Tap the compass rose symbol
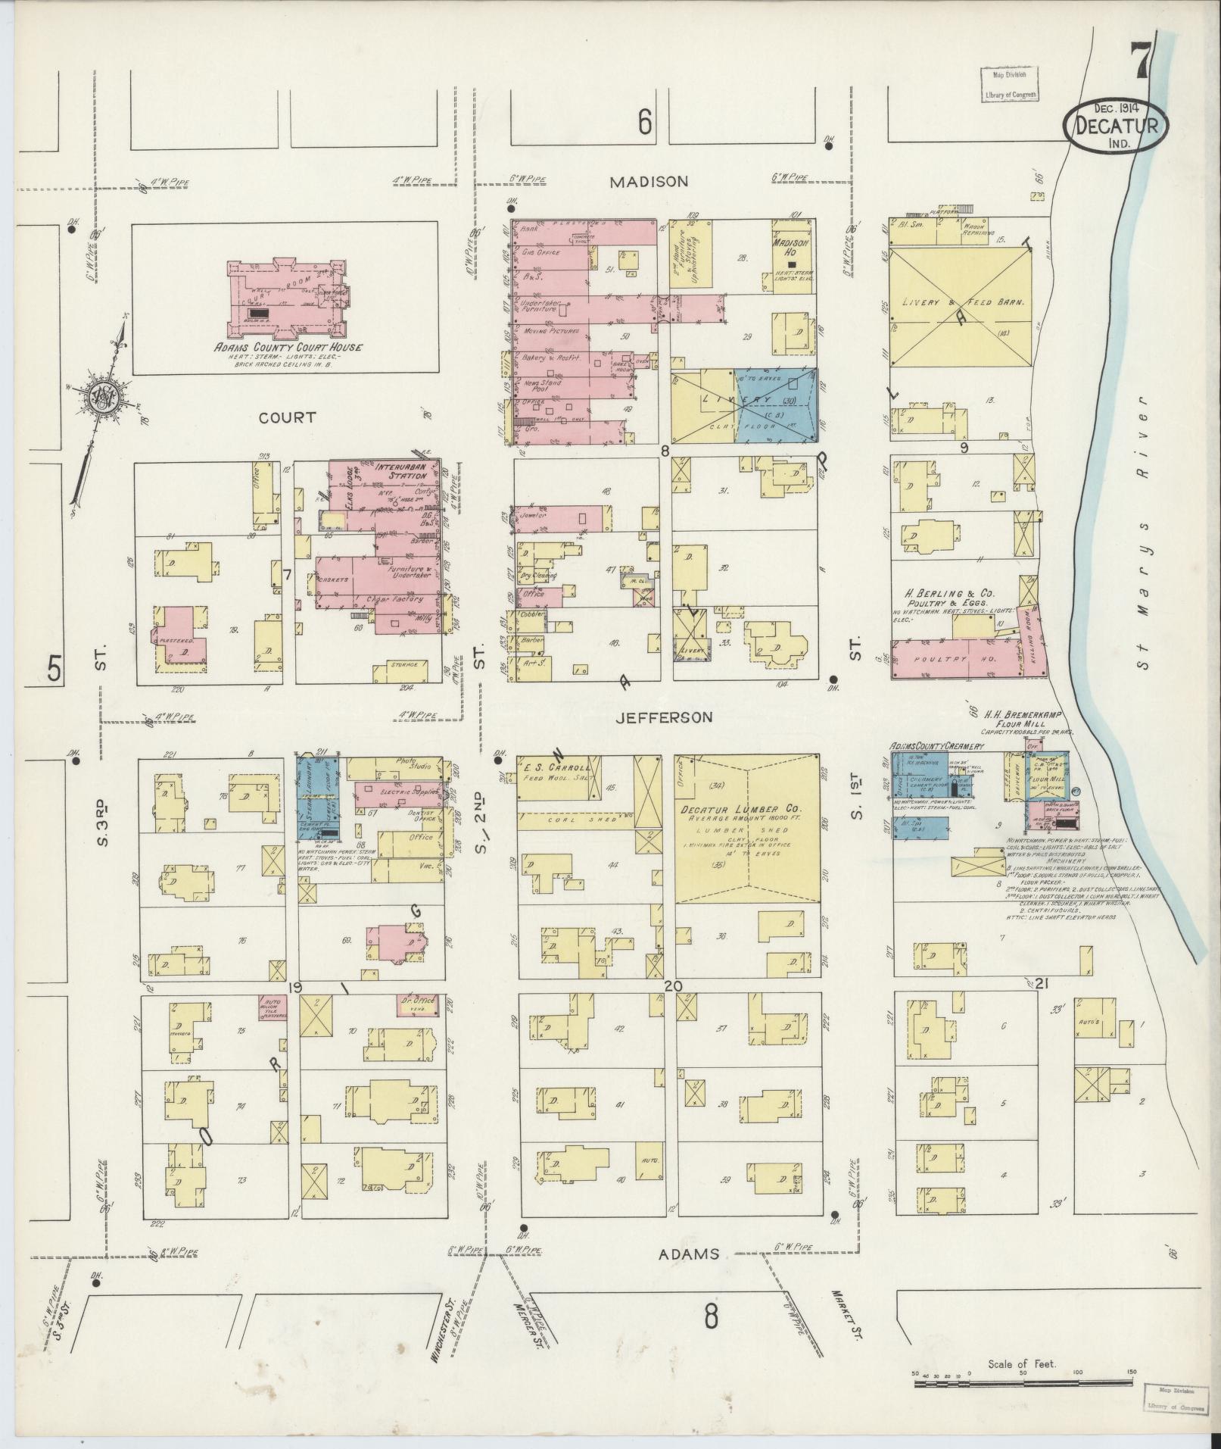99,400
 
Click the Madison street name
649,182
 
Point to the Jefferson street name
664,717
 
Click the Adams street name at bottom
687,1254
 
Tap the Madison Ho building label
790,247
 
